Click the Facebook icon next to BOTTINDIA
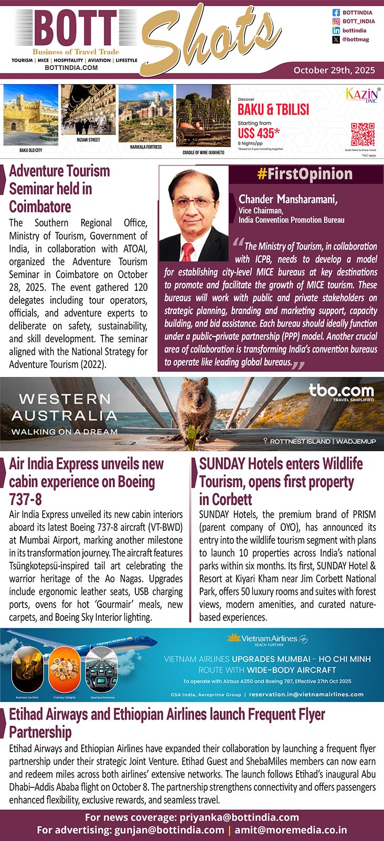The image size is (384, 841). coord(336,12)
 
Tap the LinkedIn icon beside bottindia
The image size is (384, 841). coord(336,30)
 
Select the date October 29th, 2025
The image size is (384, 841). coord(334,70)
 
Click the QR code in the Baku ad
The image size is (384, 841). coord(362,134)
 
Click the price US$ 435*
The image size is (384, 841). coord(259,133)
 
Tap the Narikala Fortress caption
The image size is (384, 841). coord(146,147)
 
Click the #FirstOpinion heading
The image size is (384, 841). coord(305,174)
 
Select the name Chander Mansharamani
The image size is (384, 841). coord(288,199)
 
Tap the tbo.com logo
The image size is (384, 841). coord(341,391)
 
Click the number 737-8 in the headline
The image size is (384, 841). coord(25,499)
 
